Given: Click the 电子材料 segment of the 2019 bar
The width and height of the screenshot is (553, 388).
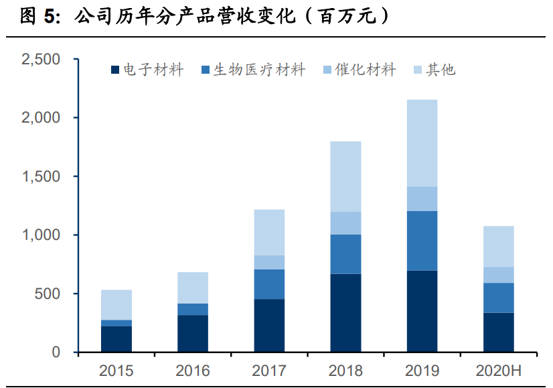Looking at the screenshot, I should [422, 311].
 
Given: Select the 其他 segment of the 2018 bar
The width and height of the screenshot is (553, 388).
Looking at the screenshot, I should [345, 176].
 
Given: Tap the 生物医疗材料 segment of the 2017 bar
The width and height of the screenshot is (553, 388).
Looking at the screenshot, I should [269, 284].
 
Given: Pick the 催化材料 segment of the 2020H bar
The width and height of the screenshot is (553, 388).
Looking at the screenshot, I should [498, 275].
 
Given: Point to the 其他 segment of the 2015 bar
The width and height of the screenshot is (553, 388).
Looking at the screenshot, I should [116, 305].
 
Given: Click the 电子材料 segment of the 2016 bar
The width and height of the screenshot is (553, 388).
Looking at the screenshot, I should [193, 333].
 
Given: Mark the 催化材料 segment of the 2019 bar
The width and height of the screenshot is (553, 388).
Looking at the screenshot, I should [422, 199].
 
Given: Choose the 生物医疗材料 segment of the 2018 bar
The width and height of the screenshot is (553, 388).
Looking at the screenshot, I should [345, 254].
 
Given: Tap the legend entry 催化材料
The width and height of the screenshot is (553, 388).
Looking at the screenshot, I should [366, 69].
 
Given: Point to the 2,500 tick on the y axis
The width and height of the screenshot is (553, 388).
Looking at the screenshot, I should [41, 60].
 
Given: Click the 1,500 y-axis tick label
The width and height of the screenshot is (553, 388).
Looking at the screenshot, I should [41, 177].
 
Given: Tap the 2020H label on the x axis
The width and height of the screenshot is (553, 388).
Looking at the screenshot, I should [498, 371].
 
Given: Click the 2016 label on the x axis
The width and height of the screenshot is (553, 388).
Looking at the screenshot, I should [193, 371].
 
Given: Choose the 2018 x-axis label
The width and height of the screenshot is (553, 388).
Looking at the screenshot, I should [345, 371].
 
